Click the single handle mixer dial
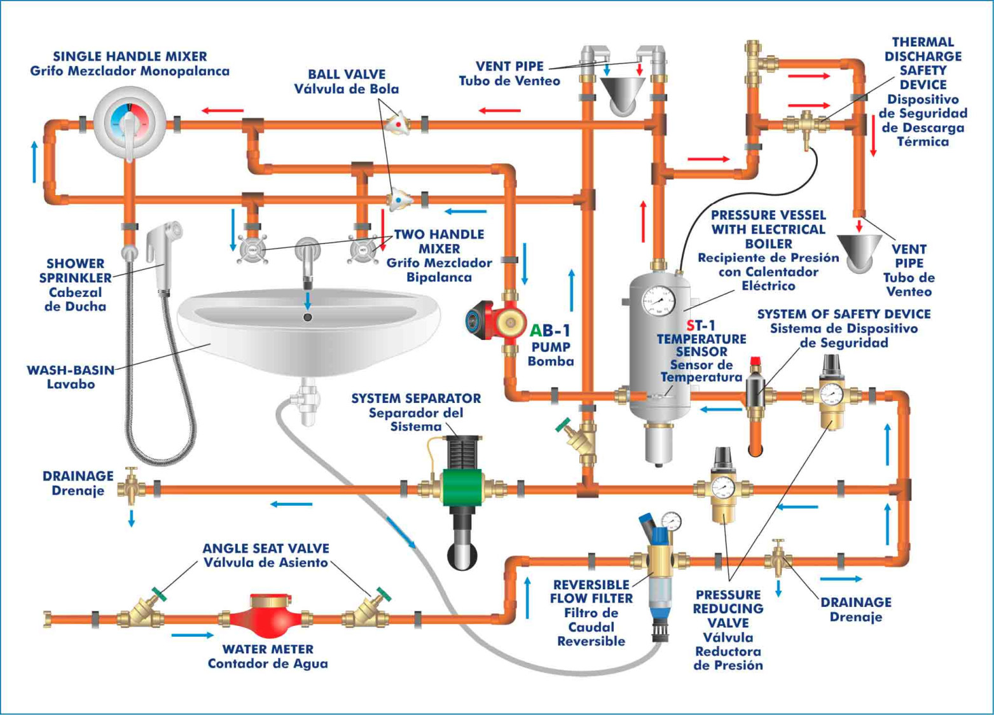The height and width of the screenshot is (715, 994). click(130, 121)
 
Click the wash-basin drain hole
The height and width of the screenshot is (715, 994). click(308, 317)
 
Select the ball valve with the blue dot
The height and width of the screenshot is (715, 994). click(399, 200)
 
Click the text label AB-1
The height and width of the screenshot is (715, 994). click(551, 330)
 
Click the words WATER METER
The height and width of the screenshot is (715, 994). click(268, 649)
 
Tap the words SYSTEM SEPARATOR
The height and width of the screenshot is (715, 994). click(416, 398)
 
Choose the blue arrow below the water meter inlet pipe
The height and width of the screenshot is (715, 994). click(192, 635)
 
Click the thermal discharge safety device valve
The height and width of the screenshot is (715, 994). click(806, 125)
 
